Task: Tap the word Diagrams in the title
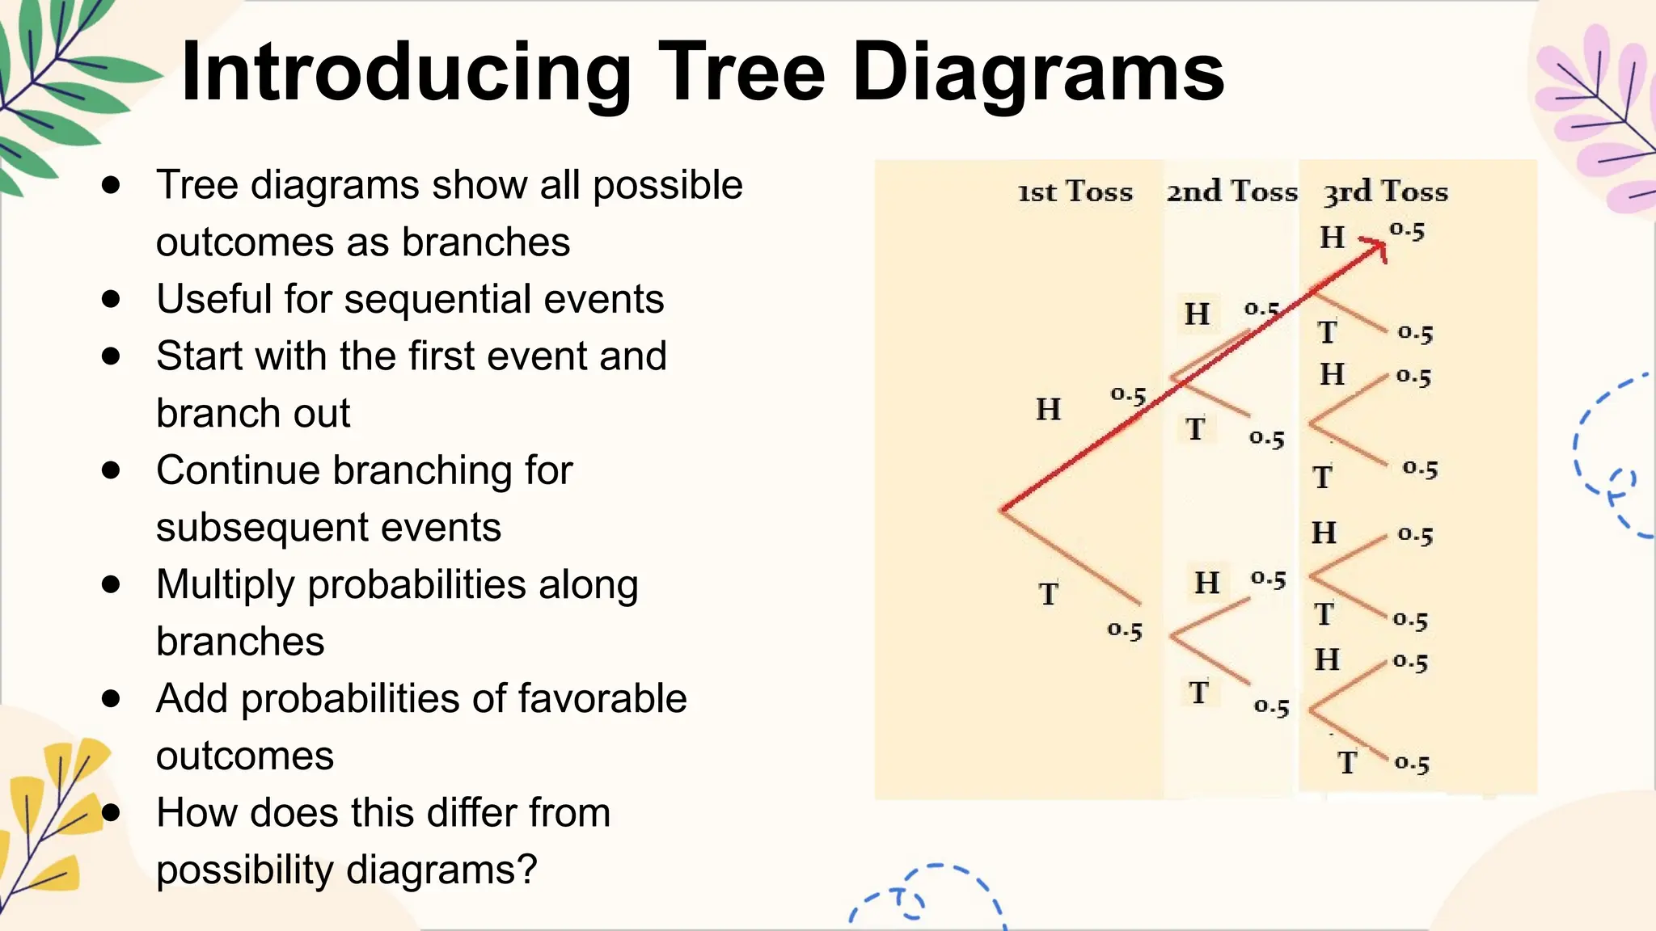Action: pyautogui.click(x=1038, y=74)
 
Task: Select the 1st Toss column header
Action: pyautogui.click(x=1075, y=192)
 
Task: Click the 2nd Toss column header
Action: pyautogui.click(x=1231, y=192)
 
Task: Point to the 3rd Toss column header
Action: pyautogui.click(x=1385, y=192)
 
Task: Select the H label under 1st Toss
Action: pyautogui.click(x=1049, y=410)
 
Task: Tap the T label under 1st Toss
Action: pyautogui.click(x=1049, y=594)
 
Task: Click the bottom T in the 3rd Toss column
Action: pyautogui.click(x=1346, y=762)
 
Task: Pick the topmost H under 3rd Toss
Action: pyautogui.click(x=1333, y=238)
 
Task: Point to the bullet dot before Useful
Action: pyautogui.click(x=112, y=299)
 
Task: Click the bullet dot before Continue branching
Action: pyautogui.click(x=112, y=470)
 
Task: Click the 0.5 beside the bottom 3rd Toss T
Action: pyautogui.click(x=1412, y=763)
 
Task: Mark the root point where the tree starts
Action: pyautogui.click(x=1003, y=509)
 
